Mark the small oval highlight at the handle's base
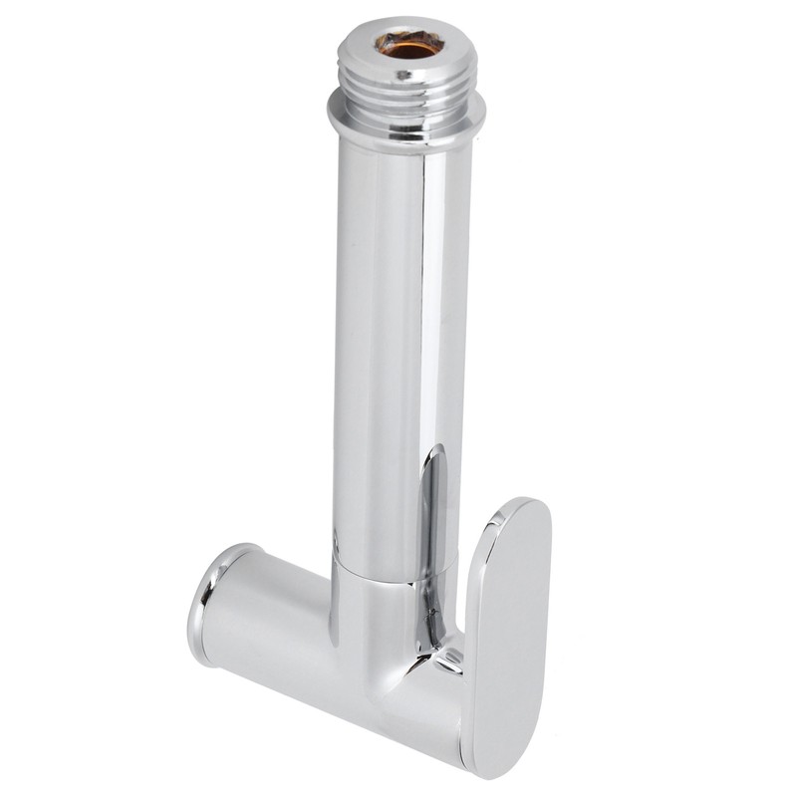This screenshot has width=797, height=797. (448, 658)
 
